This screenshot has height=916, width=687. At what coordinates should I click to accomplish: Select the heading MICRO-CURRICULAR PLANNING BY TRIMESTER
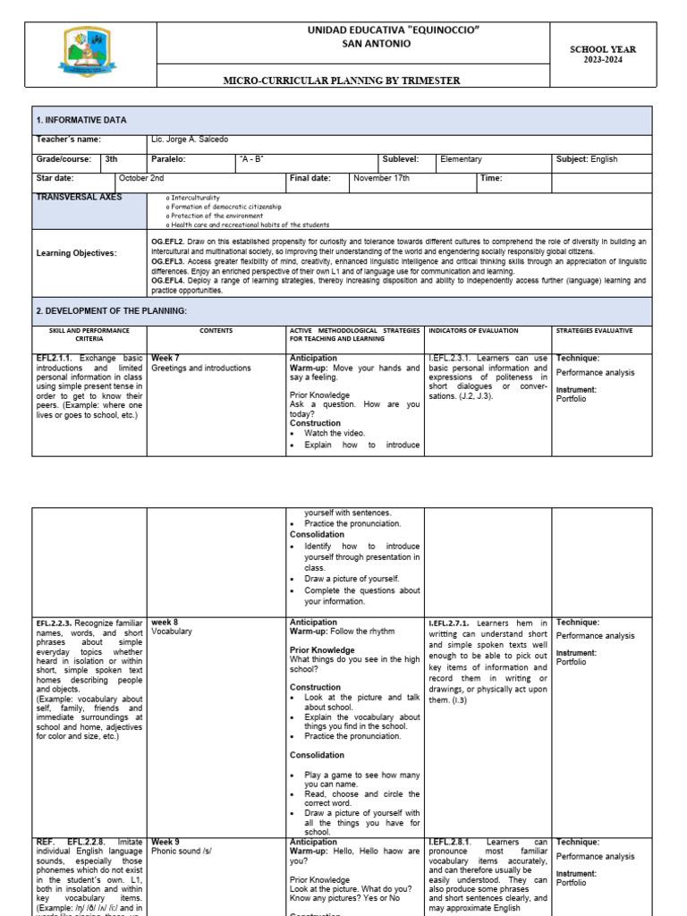[343, 81]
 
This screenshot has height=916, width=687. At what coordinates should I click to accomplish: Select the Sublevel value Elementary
[461, 159]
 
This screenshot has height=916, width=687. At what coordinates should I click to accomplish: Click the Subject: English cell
[587, 159]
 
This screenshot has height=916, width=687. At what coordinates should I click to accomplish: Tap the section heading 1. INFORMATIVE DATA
[81, 120]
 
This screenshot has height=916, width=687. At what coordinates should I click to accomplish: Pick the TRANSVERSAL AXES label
[80, 197]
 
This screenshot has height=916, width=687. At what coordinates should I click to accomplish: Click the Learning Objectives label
[76, 254]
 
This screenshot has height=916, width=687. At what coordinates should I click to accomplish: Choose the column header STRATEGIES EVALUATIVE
[594, 331]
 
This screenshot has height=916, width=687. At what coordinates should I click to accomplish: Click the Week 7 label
[165, 358]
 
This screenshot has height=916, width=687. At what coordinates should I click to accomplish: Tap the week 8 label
[165, 622]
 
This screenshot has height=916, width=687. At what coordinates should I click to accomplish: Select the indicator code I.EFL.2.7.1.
[450, 623]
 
